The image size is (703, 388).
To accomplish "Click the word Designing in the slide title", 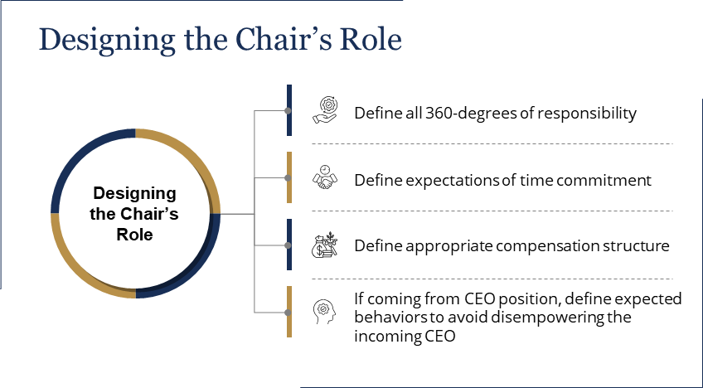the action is tap(107, 41).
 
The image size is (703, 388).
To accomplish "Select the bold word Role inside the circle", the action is tap(134, 235).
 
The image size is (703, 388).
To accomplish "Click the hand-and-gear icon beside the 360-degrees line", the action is tap(325, 110).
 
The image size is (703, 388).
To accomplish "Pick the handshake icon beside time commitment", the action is tap(325, 177).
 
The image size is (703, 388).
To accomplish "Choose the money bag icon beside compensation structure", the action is tap(325, 245).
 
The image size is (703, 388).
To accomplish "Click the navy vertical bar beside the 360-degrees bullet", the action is tap(289, 110).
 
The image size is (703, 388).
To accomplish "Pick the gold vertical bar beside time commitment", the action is tap(289, 177).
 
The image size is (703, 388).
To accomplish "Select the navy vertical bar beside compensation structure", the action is tap(289, 245).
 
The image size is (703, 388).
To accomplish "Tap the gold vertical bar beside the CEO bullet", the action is tap(289, 312).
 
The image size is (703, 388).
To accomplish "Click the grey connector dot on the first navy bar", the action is tap(288, 110).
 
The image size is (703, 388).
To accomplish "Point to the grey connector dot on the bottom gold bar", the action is tap(288, 313).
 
